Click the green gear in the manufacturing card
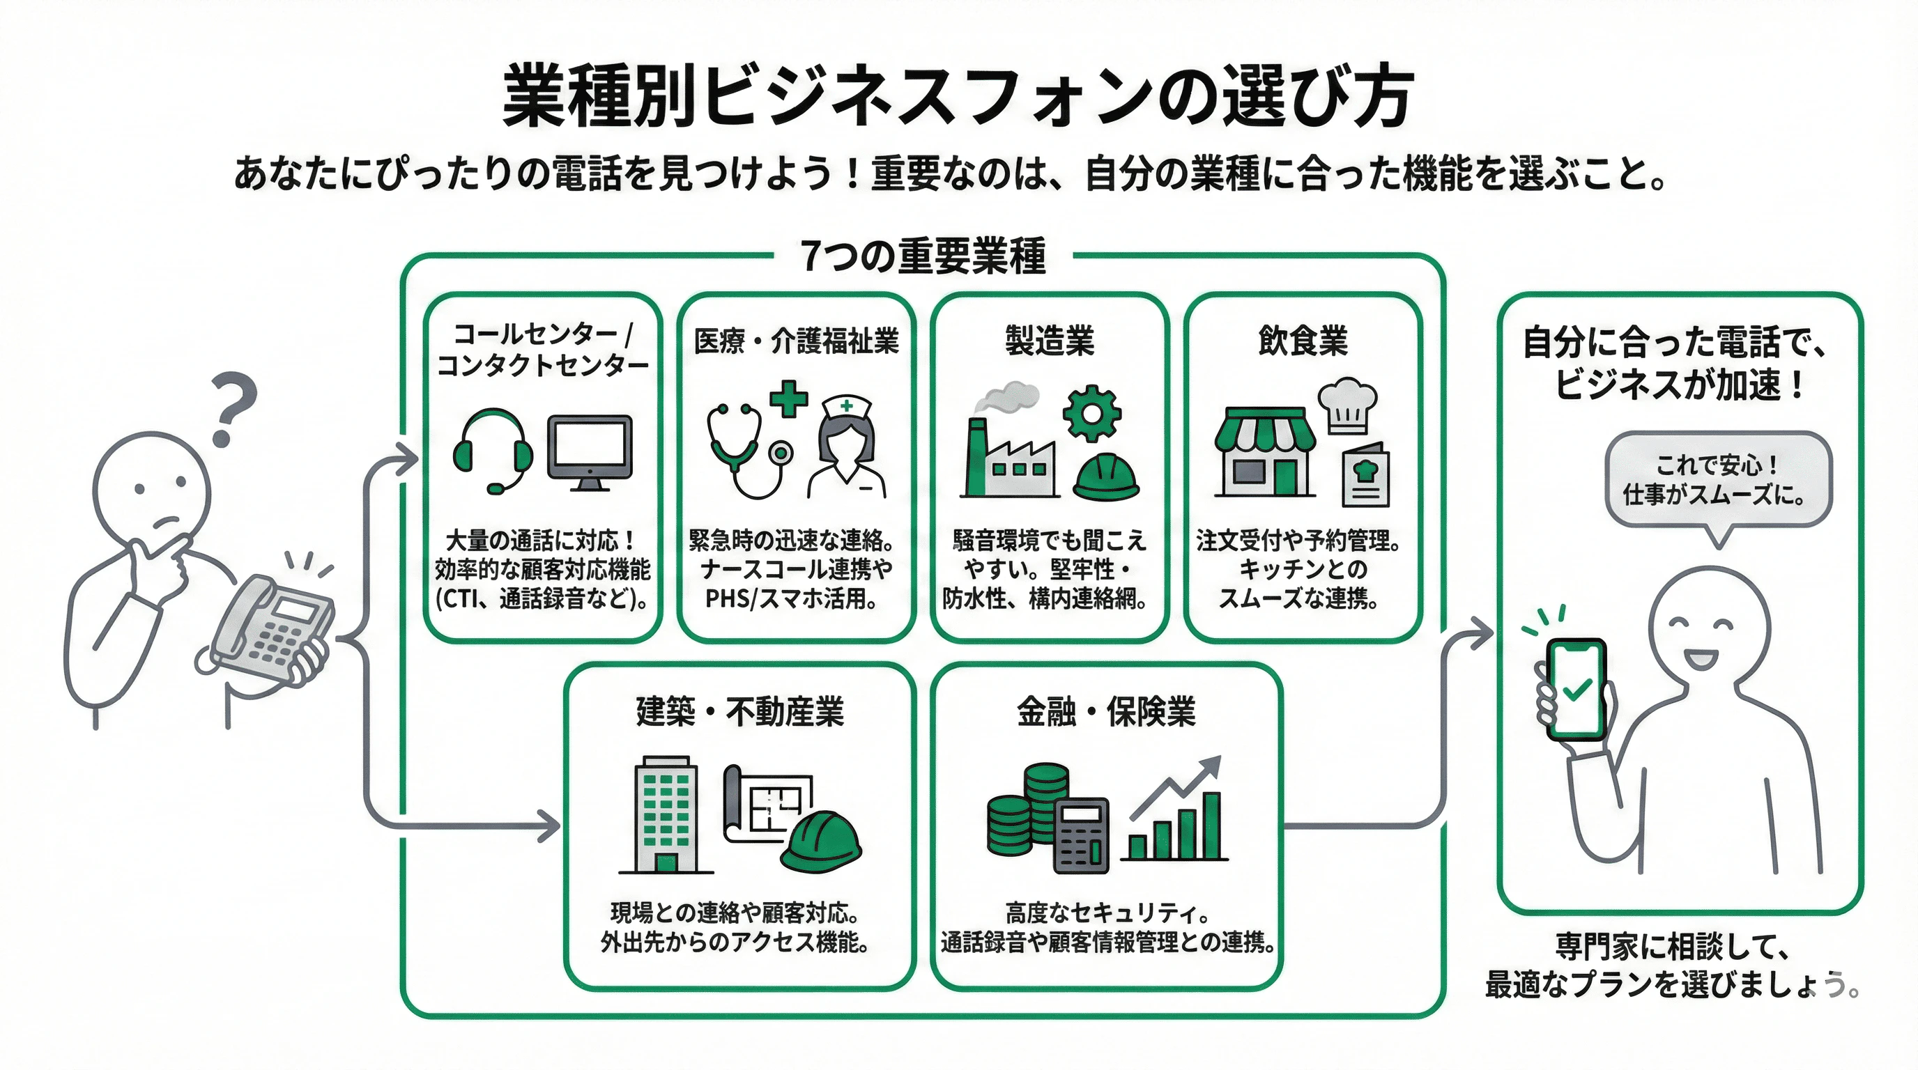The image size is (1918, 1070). pos(1091,414)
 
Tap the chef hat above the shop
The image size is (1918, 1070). pos(1347,405)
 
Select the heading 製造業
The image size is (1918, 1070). pos(1049,341)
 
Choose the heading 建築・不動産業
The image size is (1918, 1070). pos(739,711)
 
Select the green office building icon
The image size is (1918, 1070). pos(666,815)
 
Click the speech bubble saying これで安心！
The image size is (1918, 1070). pos(1718,481)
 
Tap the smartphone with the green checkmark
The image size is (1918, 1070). pos(1576,689)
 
